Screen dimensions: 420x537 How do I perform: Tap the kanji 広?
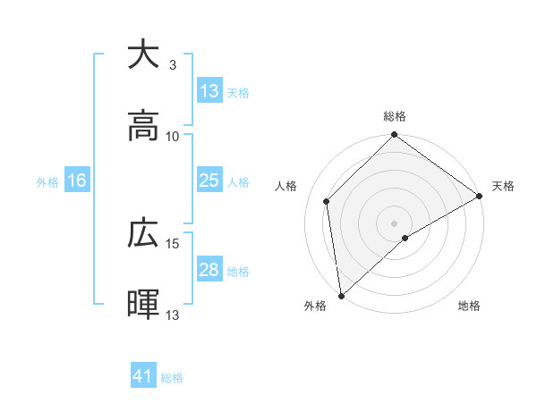[x=143, y=233]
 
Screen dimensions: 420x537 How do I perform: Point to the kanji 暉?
[x=143, y=305]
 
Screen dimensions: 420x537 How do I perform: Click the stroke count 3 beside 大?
[x=173, y=64]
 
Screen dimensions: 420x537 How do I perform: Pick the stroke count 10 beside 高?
[x=173, y=136]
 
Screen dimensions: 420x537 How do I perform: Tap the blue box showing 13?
[x=209, y=91]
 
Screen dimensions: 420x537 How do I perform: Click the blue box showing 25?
[x=209, y=181]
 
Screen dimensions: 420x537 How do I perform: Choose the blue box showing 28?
[x=209, y=270]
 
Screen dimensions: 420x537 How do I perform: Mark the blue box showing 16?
[x=77, y=181]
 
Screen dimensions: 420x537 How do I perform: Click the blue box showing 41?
[x=143, y=376]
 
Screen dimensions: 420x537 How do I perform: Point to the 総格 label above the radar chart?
[x=395, y=117]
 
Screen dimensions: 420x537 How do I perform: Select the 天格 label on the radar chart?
[x=503, y=186]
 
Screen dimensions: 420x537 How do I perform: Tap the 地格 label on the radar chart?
[x=469, y=306]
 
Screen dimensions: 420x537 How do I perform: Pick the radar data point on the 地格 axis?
[x=405, y=238]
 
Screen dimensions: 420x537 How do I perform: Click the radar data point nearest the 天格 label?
[x=480, y=197]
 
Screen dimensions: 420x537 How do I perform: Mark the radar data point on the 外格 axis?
[x=341, y=295]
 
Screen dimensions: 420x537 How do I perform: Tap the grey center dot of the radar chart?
[x=395, y=223]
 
